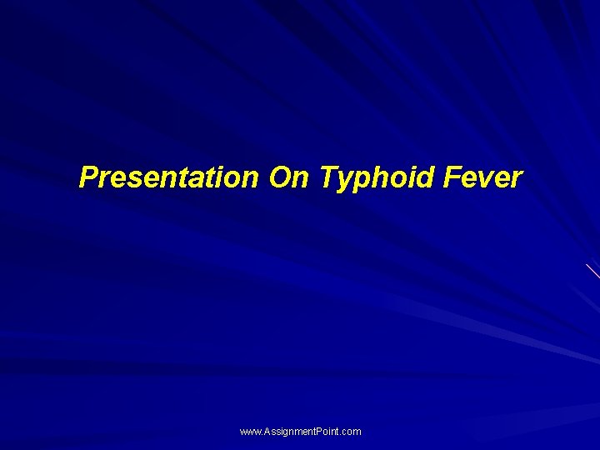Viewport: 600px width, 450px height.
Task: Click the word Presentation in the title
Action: (168, 177)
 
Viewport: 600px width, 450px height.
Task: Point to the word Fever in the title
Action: (484, 177)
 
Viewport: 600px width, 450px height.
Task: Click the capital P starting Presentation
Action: (87, 177)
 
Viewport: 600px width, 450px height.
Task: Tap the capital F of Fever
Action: (453, 177)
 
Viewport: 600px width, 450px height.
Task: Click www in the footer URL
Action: (250, 432)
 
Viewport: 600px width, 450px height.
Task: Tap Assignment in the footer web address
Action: (287, 432)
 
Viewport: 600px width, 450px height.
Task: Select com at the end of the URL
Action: (352, 432)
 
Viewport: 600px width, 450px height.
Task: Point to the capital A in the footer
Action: (266, 432)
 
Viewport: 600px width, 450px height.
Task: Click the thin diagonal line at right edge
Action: (592, 270)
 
